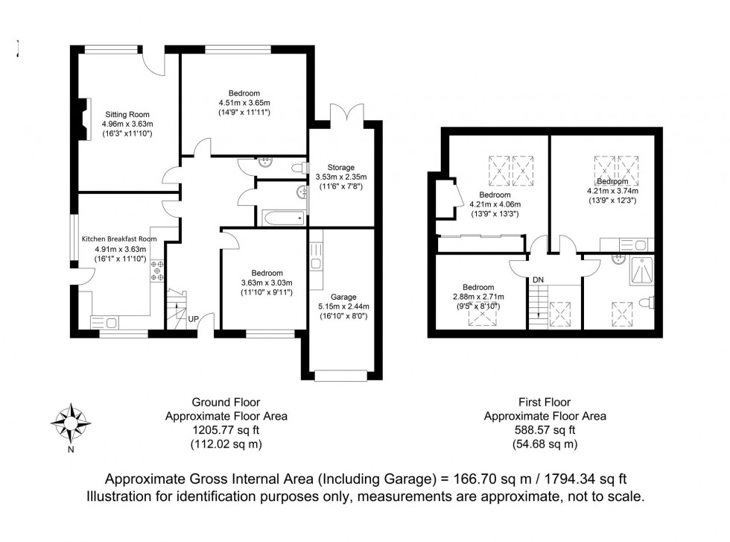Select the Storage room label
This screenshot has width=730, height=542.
point(341,167)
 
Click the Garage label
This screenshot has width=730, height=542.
point(343,296)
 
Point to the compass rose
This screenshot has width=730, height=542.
point(70,423)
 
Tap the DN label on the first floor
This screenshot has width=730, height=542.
point(537,280)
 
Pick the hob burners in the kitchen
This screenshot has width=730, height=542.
point(158,271)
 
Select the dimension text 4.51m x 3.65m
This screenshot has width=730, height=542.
point(244,103)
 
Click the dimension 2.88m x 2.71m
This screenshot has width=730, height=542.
point(477,296)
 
